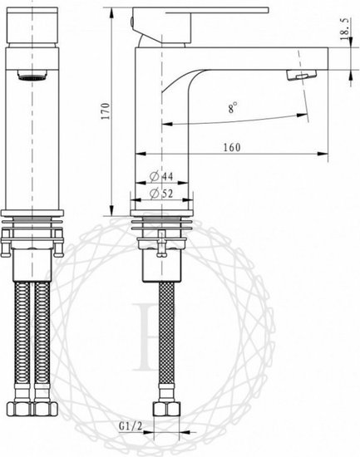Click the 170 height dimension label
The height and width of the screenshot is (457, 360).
[106, 111]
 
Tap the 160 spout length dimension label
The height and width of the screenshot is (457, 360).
[232, 147]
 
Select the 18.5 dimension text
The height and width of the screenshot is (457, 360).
[344, 29]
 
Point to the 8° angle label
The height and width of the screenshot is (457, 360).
[233, 107]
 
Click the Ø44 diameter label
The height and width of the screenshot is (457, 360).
[161, 176]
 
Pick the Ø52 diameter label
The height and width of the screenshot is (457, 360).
[161, 194]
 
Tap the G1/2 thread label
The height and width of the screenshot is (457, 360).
[131, 426]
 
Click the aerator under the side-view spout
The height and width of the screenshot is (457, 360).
[301, 75]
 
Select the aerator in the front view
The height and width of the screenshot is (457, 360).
[32, 75]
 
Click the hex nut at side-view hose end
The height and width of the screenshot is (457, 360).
[167, 409]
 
